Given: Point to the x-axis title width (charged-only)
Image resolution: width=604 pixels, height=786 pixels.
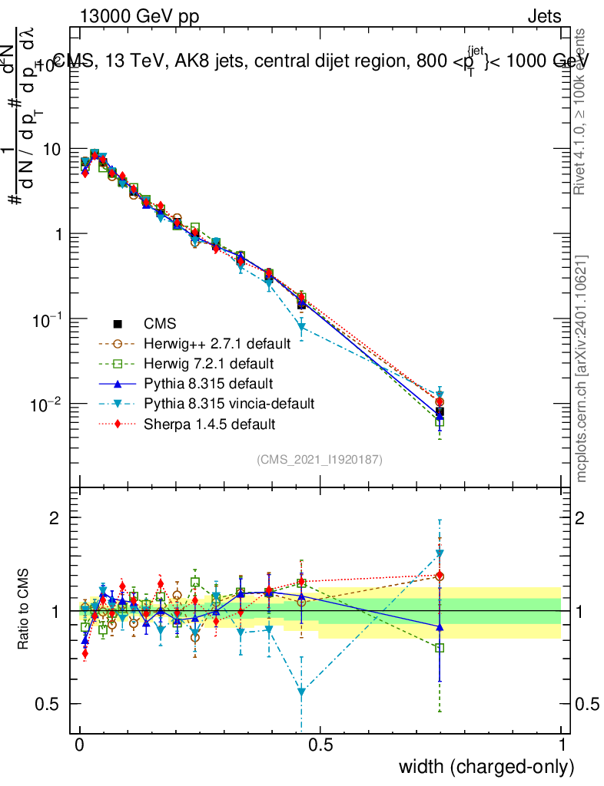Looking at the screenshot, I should (x=486, y=766).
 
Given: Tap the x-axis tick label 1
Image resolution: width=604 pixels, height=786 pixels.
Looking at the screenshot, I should (x=562, y=745).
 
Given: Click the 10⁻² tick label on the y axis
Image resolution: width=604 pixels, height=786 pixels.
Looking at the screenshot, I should (x=48, y=404).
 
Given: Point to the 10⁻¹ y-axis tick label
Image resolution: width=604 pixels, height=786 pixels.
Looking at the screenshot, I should (x=48, y=319).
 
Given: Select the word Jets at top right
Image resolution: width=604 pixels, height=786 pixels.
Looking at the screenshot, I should (x=543, y=17).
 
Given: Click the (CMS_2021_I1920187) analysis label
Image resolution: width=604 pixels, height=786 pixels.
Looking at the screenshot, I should (x=320, y=459).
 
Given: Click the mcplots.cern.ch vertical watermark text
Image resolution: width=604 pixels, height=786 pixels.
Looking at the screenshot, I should (x=582, y=368).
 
